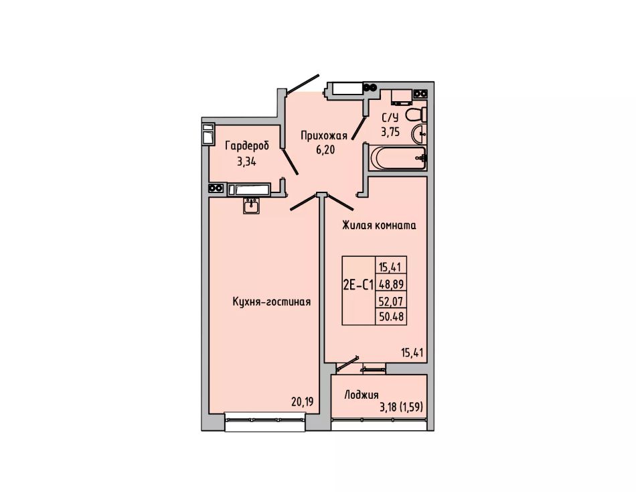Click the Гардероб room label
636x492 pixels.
[247, 145]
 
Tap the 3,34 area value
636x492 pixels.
[246, 162]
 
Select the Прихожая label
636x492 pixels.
[323, 135]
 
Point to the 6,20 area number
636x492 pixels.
[325, 150]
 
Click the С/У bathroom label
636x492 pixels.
[390, 118]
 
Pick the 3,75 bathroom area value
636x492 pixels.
[390, 132]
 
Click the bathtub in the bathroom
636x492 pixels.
[398, 158]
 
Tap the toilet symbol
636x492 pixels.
[416, 115]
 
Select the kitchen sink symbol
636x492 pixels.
[252, 206]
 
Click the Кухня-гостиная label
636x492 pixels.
[272, 302]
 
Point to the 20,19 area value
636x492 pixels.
[303, 402]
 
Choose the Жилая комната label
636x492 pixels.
[379, 225]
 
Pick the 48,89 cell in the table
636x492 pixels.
[392, 284]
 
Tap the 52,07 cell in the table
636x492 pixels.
[392, 301]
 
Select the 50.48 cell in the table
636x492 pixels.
[392, 316]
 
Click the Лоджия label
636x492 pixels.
[362, 395]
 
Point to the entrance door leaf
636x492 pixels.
[302, 83]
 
